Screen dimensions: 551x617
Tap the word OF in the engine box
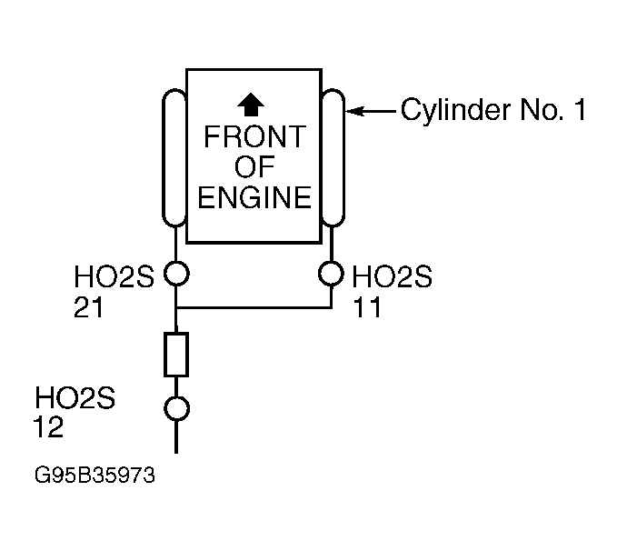(254, 168)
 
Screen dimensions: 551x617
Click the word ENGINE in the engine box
(254, 197)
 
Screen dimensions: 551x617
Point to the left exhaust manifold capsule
(174, 158)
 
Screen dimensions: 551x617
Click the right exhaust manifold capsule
(333, 158)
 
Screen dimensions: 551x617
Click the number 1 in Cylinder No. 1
(577, 112)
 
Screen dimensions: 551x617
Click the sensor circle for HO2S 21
(175, 273)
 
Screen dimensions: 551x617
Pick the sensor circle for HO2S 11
(333, 273)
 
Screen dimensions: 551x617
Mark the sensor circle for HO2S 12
(175, 409)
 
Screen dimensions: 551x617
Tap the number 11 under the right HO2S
(367, 308)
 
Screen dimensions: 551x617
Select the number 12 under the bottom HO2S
(50, 427)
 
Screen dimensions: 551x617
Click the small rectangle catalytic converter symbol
(175, 355)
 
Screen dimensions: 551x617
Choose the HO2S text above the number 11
(392, 278)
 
